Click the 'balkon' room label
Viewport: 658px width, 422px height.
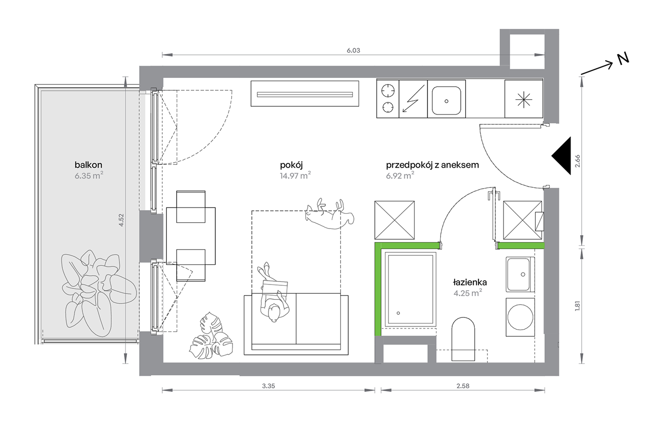[x=88, y=165]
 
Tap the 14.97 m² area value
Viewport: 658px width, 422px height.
[x=295, y=176]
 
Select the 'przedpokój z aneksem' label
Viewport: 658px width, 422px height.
[x=432, y=165]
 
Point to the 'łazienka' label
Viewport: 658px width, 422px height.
[x=470, y=282]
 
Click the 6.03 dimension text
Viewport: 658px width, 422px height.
[x=353, y=51]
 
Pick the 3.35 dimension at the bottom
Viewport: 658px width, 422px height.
[x=268, y=386]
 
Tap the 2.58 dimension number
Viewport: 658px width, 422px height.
[x=463, y=386]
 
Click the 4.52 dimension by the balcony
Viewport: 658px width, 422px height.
[x=121, y=220]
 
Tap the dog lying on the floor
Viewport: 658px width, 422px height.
[x=329, y=214]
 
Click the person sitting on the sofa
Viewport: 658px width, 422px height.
[x=274, y=293]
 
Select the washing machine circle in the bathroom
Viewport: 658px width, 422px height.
[x=520, y=317]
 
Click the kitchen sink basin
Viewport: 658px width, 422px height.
[x=446, y=100]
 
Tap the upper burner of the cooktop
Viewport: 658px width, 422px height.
[x=388, y=91]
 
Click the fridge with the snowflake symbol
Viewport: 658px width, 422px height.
[x=524, y=99]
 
